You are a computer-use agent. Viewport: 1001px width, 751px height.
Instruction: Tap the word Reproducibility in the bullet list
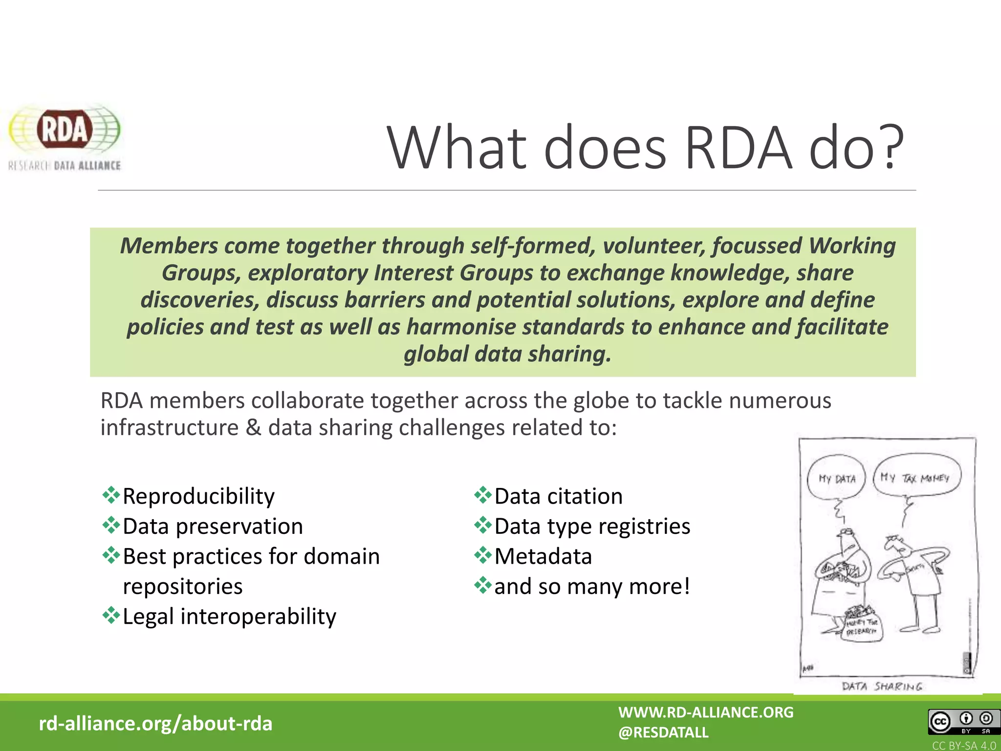[x=198, y=496]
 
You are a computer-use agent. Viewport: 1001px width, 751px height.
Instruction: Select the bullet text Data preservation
[x=213, y=527]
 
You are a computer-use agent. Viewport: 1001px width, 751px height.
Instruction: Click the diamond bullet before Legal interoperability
[x=111, y=616]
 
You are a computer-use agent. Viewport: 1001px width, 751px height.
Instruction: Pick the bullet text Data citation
[x=558, y=496]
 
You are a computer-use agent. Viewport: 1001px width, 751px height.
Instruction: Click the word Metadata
[x=543, y=556]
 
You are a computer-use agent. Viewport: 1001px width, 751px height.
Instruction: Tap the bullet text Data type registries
[x=592, y=527]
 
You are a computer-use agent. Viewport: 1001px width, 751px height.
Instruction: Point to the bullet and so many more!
[x=592, y=586]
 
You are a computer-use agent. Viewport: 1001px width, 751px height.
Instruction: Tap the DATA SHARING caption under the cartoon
[x=882, y=686]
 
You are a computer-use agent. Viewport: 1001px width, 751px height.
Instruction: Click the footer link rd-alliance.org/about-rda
[x=155, y=724]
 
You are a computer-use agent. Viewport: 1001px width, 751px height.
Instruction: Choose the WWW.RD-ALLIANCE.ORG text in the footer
[x=706, y=712]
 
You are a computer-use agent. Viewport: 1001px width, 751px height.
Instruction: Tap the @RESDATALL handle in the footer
[x=663, y=732]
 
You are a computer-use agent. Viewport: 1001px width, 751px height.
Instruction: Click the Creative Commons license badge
[x=961, y=722]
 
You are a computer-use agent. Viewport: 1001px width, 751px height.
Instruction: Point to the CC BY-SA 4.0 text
[x=963, y=746]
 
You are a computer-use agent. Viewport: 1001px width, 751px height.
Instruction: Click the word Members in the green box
[x=169, y=245]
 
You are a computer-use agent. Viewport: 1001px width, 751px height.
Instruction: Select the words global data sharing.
[x=507, y=354]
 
